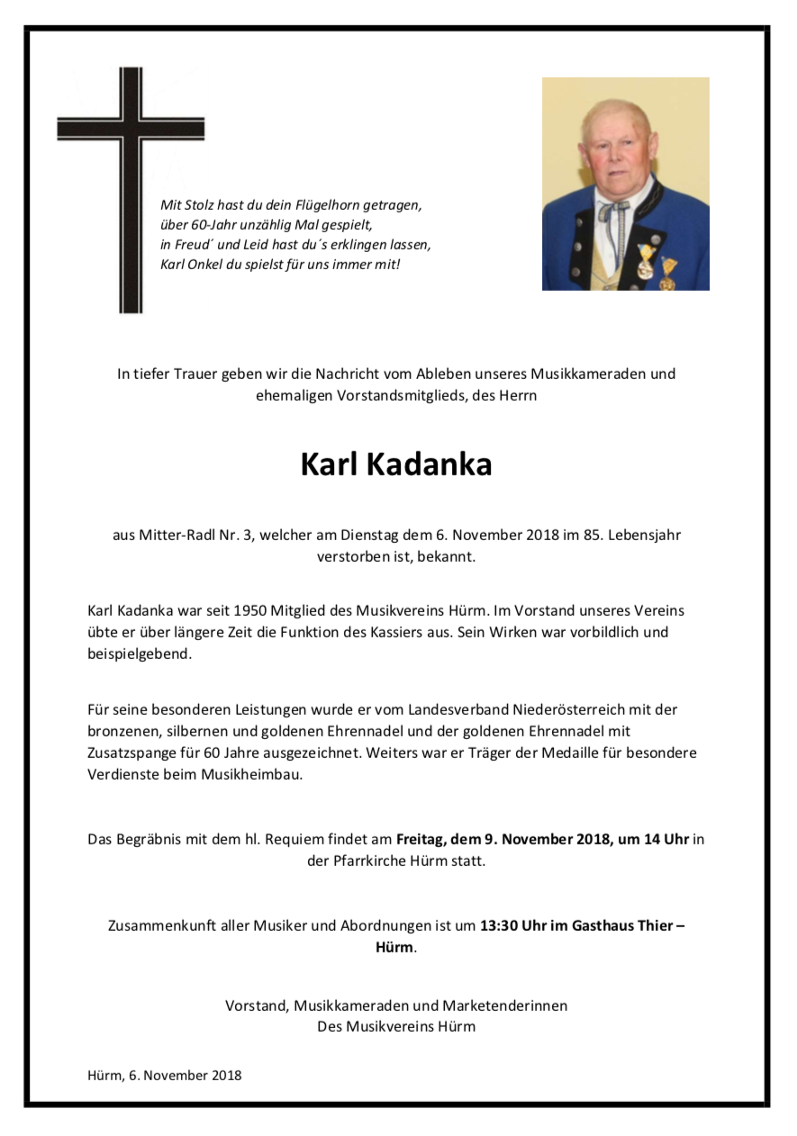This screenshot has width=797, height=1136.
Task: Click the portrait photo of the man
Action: click(625, 184)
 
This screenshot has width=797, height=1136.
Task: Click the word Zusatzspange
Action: click(131, 753)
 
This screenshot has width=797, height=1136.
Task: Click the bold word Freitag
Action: click(420, 839)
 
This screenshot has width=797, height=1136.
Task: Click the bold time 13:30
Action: click(499, 925)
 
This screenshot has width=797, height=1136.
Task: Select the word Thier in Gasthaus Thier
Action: click(651, 925)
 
